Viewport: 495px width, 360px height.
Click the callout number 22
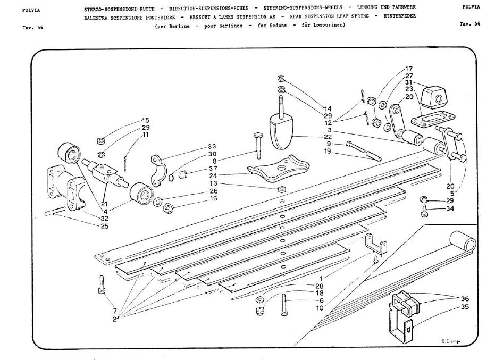(x=328, y=137)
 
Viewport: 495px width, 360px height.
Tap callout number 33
(x=212, y=147)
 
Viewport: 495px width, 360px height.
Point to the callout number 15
(x=146, y=120)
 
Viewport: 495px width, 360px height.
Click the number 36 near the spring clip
(x=465, y=299)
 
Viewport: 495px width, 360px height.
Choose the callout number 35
(x=465, y=307)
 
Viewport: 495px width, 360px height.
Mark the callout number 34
(x=450, y=208)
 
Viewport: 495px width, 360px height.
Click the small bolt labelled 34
(x=424, y=211)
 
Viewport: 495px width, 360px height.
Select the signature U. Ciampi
(x=451, y=341)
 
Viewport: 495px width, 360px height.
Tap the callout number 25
(x=105, y=226)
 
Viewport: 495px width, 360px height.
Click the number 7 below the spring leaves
(x=115, y=311)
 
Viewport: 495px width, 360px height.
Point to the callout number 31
(x=409, y=82)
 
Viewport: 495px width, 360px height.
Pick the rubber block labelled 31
(x=434, y=96)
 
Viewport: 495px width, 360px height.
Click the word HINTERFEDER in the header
(x=400, y=16)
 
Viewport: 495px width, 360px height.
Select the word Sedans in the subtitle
(x=277, y=26)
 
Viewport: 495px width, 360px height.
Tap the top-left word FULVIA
(x=31, y=10)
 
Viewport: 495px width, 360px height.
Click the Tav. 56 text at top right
(x=470, y=24)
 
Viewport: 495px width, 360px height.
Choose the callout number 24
(x=213, y=175)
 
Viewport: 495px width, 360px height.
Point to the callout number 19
(x=328, y=151)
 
